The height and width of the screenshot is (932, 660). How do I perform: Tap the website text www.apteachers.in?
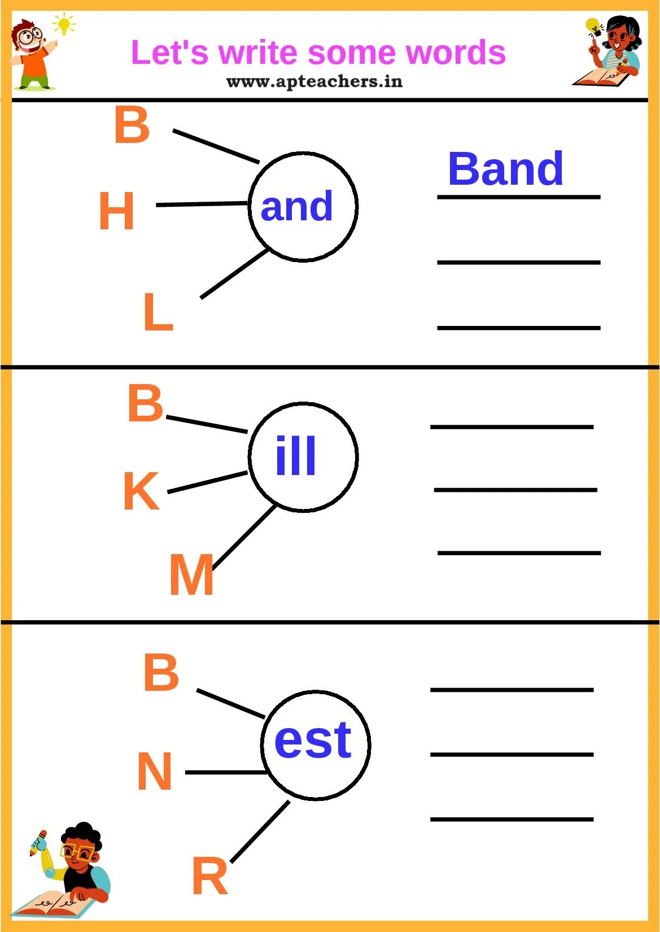click(x=314, y=82)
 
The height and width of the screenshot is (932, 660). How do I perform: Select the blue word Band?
click(x=505, y=169)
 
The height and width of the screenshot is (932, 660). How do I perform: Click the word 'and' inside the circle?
click(x=296, y=207)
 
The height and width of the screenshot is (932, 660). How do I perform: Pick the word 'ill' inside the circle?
click(x=296, y=456)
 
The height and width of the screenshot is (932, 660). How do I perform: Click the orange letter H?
click(x=117, y=211)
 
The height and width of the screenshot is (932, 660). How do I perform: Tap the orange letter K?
click(x=141, y=491)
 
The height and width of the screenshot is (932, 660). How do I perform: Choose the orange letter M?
click(x=191, y=575)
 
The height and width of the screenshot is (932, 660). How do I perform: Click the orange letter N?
click(x=155, y=771)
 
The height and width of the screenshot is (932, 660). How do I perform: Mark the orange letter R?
click(x=210, y=876)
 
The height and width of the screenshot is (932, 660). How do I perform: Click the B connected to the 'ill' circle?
click(x=146, y=403)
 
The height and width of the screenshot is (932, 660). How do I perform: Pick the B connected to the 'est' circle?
click(x=161, y=672)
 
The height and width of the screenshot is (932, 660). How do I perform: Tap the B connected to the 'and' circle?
click(x=132, y=125)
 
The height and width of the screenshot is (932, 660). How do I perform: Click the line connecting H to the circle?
click(x=202, y=204)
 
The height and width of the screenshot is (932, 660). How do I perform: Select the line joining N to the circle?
click(x=226, y=772)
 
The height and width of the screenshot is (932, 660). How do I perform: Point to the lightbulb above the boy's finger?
click(x=64, y=24)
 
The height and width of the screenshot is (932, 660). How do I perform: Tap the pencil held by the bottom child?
click(x=38, y=841)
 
